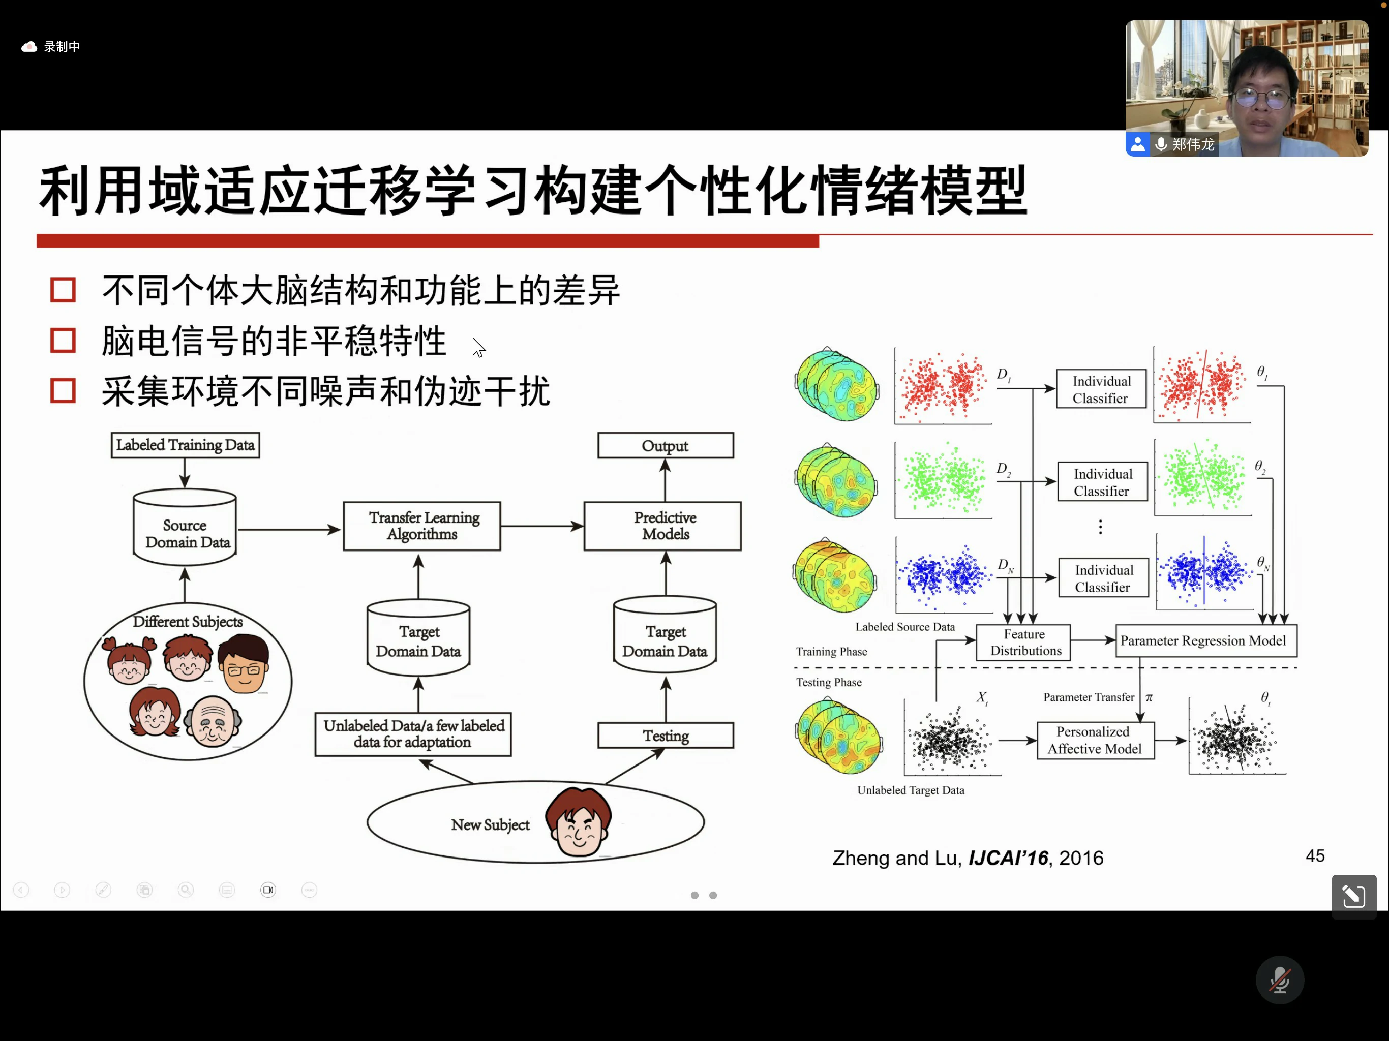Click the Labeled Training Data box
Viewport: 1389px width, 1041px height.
tap(185, 445)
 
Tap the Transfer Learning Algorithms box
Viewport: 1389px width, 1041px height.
tap(422, 526)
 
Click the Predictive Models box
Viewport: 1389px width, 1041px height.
tap(662, 526)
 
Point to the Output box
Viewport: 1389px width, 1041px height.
tap(665, 445)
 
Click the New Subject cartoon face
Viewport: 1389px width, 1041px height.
tap(579, 822)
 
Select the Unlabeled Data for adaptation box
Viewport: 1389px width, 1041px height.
tap(413, 734)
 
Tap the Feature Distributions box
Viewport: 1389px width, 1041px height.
tap(1023, 642)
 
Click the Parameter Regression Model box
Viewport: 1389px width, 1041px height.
tap(1205, 641)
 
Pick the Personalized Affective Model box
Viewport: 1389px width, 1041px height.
tap(1095, 740)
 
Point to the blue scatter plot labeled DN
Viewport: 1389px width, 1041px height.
tap(944, 574)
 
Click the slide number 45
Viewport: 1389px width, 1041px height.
tap(1315, 856)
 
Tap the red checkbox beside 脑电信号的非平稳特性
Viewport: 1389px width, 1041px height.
tap(63, 341)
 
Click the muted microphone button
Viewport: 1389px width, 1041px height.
tap(1279, 979)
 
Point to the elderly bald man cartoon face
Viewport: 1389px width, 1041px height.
tap(213, 722)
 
